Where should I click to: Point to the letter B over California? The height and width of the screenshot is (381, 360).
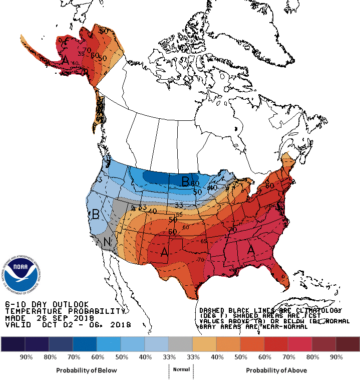pos(95,215)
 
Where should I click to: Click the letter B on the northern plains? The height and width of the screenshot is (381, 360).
pos(185,181)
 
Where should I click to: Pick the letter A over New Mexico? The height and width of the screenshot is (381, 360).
pos(164,254)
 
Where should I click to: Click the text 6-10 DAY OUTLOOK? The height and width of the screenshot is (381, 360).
pos(47,304)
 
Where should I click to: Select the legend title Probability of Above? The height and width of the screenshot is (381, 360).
pos(276,370)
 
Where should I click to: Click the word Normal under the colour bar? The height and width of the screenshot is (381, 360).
pos(181,369)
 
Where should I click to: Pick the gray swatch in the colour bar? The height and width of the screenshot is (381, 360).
pos(180,344)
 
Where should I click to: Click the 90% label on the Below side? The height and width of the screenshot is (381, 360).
pos(26,357)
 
